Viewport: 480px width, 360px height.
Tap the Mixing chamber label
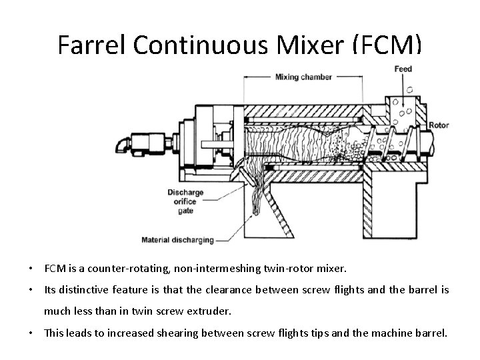point(303,77)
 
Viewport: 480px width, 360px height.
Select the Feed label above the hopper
point(403,69)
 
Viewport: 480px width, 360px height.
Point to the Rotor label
point(439,125)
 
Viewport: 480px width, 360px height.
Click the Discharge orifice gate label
point(185,201)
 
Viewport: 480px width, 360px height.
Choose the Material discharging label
point(177,239)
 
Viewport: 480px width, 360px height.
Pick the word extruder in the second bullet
point(210,310)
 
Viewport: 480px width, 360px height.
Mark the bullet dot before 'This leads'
point(31,331)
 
